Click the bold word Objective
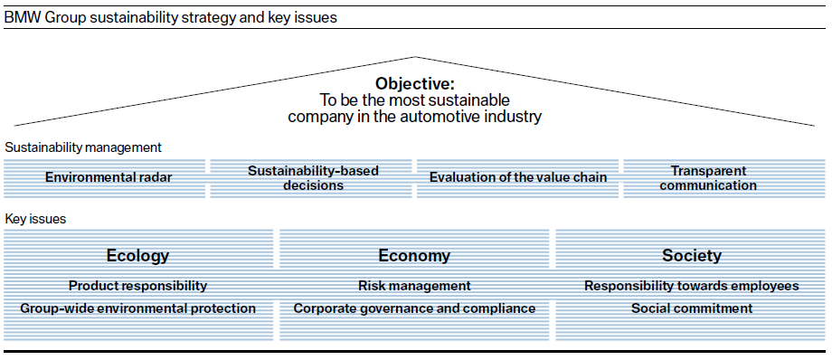point(415,84)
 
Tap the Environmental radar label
point(109,177)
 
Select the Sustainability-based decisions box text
point(313,178)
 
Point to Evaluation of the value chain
point(518,177)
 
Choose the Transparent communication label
point(708,178)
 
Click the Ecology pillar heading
point(138,256)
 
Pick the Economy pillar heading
point(414,256)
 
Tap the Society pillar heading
point(692,256)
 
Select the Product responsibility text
point(138,286)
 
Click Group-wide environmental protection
point(138,308)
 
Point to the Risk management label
point(414,286)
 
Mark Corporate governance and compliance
point(414,308)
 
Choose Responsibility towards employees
point(692,286)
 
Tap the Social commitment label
point(692,308)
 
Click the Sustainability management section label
point(83,147)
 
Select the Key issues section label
point(35,219)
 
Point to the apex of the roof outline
point(415,56)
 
